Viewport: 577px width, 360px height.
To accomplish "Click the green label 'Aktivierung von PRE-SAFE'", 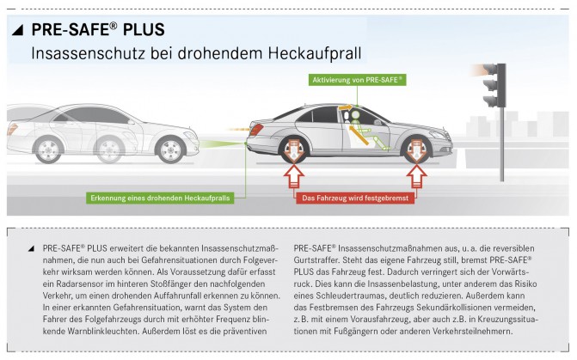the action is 358,80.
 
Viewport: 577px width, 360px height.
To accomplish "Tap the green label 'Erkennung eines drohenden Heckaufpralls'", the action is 160,198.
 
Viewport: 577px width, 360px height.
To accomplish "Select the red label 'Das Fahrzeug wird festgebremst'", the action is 355,198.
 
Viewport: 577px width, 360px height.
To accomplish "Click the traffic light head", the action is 495,85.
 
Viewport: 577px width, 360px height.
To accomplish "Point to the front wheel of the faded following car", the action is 170,149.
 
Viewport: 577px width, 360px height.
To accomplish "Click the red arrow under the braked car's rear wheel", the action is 293,177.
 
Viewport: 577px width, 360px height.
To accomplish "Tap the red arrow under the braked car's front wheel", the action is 416,177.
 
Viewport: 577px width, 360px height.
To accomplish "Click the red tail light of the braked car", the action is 256,130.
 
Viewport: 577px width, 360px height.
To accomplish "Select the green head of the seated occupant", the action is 355,114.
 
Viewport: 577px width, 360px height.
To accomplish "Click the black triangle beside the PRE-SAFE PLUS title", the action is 18,30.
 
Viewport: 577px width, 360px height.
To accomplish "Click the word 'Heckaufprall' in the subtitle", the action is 314,53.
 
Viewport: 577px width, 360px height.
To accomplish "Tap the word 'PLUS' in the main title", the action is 144,30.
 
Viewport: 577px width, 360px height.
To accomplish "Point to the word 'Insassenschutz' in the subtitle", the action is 89,53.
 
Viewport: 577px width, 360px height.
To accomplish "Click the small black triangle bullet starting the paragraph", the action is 31,249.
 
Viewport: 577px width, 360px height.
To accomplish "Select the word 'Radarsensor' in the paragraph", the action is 77,284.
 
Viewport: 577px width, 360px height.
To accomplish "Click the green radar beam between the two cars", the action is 222,143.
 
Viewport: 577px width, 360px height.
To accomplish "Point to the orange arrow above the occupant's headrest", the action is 345,107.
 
